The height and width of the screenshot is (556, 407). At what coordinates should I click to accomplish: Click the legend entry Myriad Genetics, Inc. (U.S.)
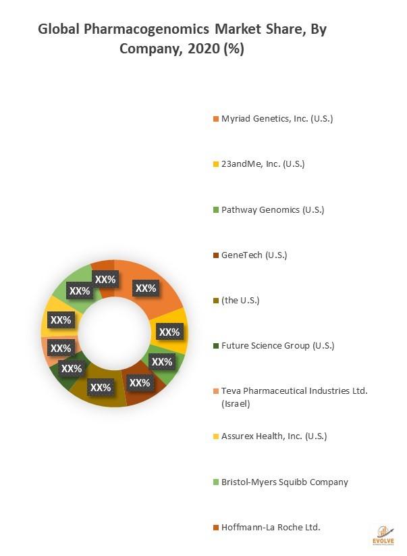click(x=277, y=119)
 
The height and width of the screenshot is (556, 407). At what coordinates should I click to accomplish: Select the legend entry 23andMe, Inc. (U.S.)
click(x=263, y=164)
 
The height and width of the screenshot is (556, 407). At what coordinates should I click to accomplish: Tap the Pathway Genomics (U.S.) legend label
click(x=273, y=209)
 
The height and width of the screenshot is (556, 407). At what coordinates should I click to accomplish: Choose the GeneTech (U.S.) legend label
click(x=254, y=255)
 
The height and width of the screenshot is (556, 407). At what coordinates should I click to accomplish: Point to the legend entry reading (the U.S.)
click(x=240, y=300)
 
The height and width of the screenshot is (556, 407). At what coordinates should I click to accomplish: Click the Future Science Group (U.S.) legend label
click(x=277, y=346)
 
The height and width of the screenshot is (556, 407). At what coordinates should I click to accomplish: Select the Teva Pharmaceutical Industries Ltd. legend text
click(x=294, y=391)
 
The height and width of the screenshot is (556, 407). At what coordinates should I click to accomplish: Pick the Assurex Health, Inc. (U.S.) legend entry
click(x=274, y=436)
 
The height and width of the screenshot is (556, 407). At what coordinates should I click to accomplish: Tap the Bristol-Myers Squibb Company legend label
click(x=284, y=482)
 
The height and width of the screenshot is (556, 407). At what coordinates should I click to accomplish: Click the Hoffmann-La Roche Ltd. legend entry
click(x=271, y=527)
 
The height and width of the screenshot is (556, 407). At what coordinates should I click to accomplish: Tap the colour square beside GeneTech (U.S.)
click(x=216, y=255)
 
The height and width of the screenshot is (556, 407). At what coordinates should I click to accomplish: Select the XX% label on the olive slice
click(x=101, y=388)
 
